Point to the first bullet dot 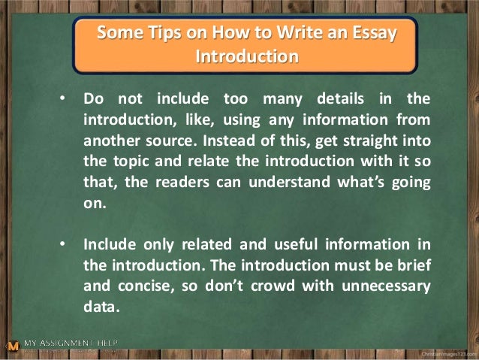(x=65, y=99)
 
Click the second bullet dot (x=65, y=244)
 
